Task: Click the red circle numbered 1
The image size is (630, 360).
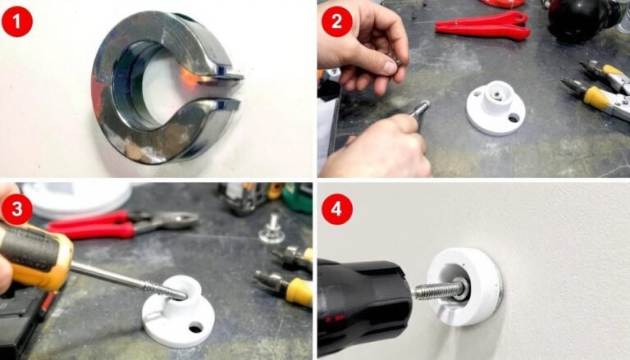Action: (x=17, y=21)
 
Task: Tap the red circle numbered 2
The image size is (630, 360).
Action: (x=336, y=21)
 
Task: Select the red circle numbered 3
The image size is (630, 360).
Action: (x=17, y=209)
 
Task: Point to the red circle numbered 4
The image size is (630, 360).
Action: (x=336, y=209)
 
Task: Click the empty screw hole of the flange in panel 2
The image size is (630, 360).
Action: (x=514, y=118)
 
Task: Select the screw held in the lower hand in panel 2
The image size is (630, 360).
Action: (x=420, y=108)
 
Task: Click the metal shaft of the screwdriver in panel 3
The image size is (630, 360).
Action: (x=129, y=281)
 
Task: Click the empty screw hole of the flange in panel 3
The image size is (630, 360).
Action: (x=196, y=327)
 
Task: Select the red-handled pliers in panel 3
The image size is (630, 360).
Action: (x=121, y=224)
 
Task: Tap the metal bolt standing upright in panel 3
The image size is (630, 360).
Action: (x=272, y=230)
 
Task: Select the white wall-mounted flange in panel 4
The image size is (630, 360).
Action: (x=464, y=287)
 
